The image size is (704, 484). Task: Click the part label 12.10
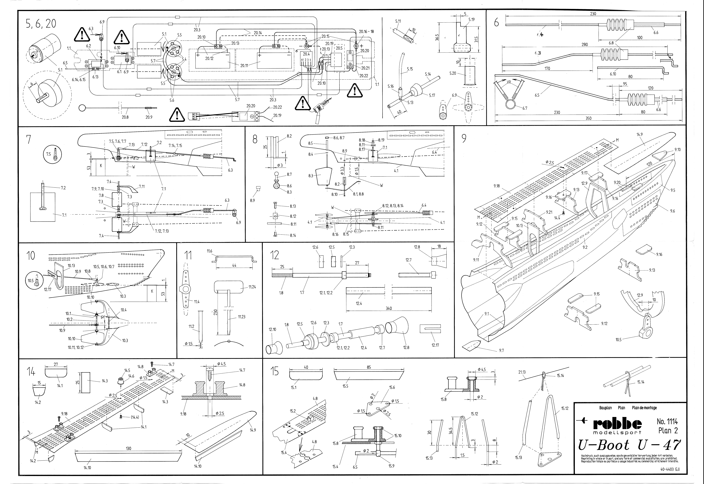pyautogui.click(x=272, y=329)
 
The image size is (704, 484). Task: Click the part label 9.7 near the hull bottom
pyautogui.click(x=501, y=351)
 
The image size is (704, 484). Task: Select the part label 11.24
pyautogui.click(x=252, y=287)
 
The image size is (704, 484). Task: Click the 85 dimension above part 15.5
pyautogui.click(x=369, y=367)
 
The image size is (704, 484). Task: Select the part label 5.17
pyautogui.click(x=432, y=95)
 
